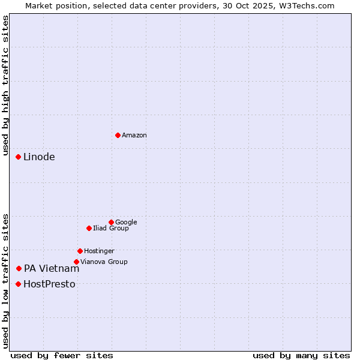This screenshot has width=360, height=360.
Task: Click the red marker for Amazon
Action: [118, 135]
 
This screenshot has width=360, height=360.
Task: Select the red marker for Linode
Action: [18, 157]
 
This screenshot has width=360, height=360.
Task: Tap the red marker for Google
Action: [111, 222]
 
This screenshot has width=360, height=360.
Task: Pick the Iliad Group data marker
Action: [89, 228]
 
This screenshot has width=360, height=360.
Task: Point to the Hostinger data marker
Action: [80, 251]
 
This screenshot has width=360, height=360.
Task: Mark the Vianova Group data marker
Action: [76, 262]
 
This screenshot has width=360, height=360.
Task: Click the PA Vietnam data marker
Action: [19, 268]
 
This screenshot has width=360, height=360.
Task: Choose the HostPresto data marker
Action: [18, 284]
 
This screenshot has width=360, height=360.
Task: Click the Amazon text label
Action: [134, 136]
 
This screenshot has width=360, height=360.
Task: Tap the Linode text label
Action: [39, 157]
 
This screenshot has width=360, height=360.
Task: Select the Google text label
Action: [126, 222]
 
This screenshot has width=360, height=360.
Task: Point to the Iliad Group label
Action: [111, 228]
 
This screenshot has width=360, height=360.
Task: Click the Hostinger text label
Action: [99, 251]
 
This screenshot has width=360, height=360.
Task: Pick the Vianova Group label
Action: [104, 262]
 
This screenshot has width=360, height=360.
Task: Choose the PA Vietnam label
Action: [52, 268]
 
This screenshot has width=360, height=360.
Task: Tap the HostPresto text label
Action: [49, 284]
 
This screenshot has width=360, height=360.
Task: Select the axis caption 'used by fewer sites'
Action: [62, 355]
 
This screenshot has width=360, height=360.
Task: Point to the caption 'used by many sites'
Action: [301, 355]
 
